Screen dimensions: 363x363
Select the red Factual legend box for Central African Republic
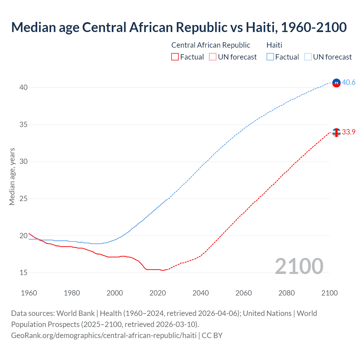point(175,57)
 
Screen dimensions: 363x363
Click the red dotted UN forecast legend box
point(213,57)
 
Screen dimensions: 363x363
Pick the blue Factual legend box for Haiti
point(270,57)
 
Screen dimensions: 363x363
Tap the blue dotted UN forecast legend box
point(308,57)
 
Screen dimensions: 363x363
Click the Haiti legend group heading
point(274,45)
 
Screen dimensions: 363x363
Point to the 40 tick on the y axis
point(24,88)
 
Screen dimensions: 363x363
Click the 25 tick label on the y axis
point(24,199)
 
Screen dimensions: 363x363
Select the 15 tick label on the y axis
point(24,273)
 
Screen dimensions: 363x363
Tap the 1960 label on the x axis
point(29,293)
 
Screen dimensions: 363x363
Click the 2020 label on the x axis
point(158,293)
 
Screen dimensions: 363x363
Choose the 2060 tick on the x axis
point(244,293)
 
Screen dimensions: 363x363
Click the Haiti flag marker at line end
point(336,83)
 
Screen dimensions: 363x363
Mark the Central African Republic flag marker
point(336,132)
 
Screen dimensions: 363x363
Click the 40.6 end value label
point(349,83)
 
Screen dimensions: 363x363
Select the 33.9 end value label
point(349,132)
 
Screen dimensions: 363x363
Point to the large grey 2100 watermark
point(299,266)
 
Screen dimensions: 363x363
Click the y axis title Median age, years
point(12,176)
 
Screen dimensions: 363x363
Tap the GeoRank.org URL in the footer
point(104,335)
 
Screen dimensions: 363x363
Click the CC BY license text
point(212,335)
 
